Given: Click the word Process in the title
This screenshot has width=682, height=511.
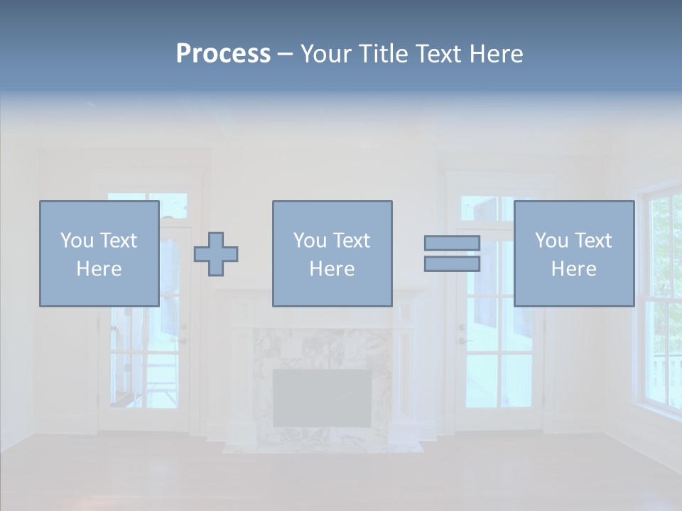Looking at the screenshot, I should point(223,54).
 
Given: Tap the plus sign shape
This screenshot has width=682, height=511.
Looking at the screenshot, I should point(216,253).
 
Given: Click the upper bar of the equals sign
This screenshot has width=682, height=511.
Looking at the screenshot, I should point(452,243).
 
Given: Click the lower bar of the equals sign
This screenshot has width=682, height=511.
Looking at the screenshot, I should point(452,263).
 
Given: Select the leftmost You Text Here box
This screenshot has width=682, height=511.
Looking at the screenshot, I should point(99,253).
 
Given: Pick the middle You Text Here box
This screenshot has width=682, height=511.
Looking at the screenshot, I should point(332,253).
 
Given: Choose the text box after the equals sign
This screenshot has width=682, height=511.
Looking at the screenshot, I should point(573,253).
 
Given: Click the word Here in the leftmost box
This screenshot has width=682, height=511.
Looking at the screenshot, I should point(99,269).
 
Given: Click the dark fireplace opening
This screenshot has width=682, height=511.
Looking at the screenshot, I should point(322,397).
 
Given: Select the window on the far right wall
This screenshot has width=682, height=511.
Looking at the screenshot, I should point(660,298).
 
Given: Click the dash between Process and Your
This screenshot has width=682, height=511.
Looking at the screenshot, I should point(285,54).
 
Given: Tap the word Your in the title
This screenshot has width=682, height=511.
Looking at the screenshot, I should point(324,54).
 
